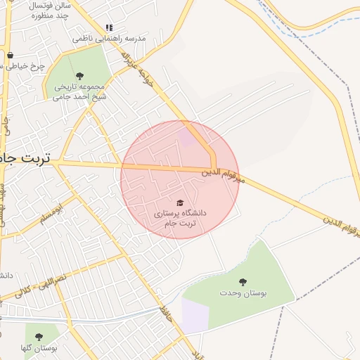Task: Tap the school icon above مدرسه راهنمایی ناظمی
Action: pyautogui.click(x=109, y=27)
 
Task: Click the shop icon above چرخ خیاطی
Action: pyautogui.click(x=10, y=55)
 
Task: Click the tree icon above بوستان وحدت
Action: pyautogui.click(x=243, y=281)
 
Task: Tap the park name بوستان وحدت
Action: pyautogui.click(x=243, y=292)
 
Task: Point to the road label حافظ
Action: pyautogui.click(x=166, y=310)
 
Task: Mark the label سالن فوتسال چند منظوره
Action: pyautogui.click(x=49, y=10)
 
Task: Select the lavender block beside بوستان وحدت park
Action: pyautogui.click(x=195, y=314)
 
